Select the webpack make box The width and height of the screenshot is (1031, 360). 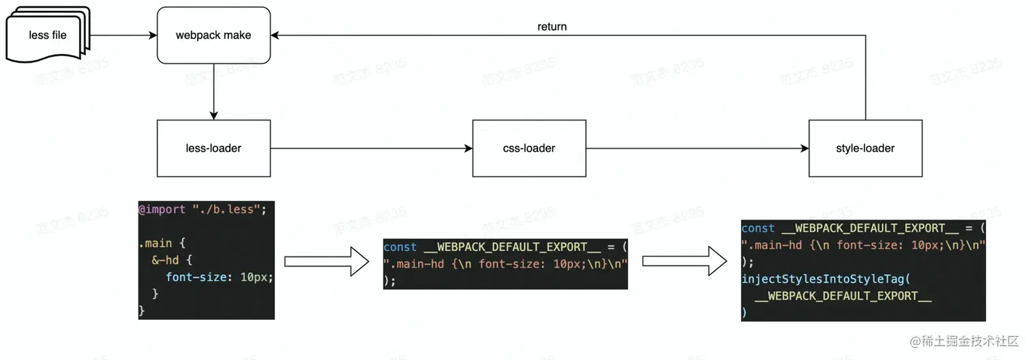213,35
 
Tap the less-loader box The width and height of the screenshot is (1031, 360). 213,148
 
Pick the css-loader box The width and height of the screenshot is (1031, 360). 529,148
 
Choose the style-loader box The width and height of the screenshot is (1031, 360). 865,148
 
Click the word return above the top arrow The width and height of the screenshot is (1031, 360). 552,27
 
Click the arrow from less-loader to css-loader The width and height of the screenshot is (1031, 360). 372,148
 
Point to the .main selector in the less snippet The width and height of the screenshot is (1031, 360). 154,243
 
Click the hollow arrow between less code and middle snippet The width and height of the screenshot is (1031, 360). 326,261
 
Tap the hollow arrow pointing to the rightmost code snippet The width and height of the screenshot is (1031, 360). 684,261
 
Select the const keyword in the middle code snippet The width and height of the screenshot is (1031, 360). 400,247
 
